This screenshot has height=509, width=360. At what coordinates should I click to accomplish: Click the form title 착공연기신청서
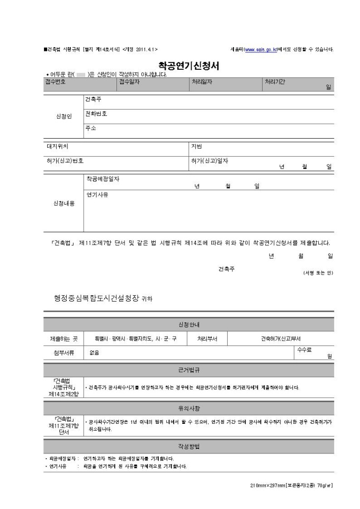click(x=189, y=66)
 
